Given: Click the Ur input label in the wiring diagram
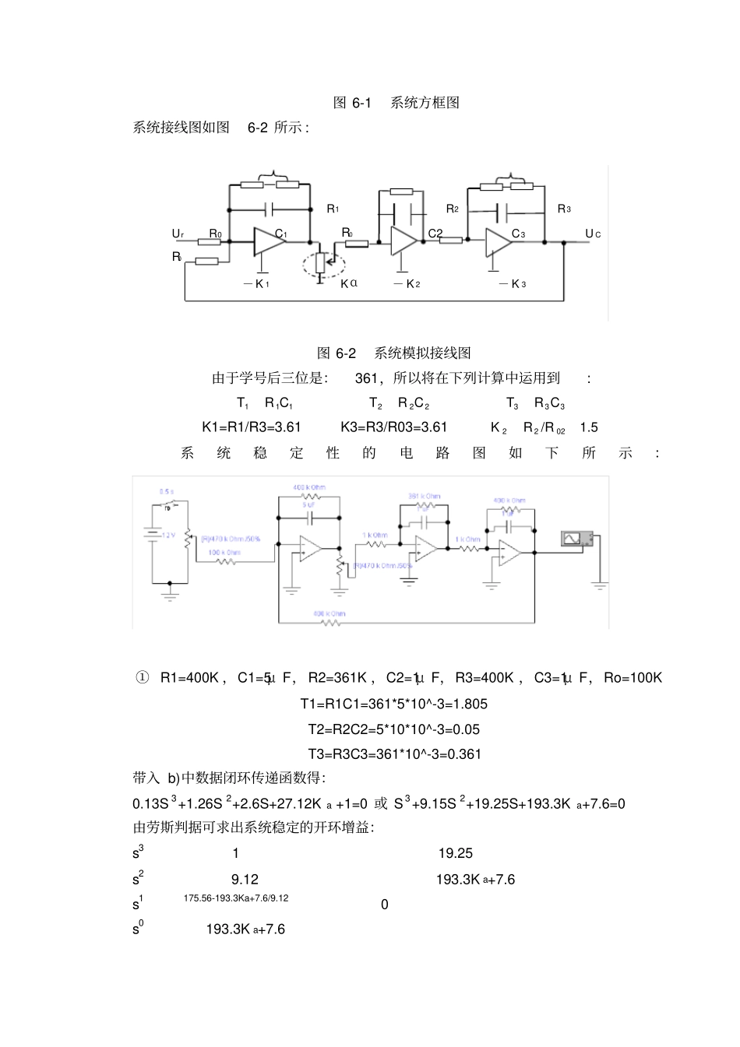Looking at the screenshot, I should (x=178, y=234).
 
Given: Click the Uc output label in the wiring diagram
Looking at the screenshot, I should (x=593, y=234).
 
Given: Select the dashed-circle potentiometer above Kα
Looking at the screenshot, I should (x=322, y=262).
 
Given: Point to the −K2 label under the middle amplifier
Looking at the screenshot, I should (x=407, y=283).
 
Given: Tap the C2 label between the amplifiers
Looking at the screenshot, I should (x=435, y=234).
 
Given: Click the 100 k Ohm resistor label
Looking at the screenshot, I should (x=224, y=553).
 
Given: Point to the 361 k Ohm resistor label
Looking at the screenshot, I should (x=425, y=496).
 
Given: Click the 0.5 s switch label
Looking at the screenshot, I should (x=167, y=492).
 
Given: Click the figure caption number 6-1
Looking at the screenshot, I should (x=362, y=103).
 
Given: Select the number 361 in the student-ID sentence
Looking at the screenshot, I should (x=366, y=378).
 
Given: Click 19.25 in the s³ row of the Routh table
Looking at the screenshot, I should (x=456, y=853).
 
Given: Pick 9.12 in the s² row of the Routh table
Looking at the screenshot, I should (x=245, y=879).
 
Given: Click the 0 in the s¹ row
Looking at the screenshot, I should (x=385, y=904).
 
